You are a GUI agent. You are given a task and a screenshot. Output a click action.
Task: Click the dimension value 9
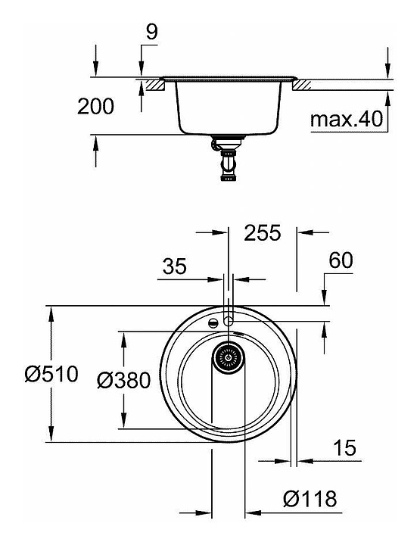click(x=151, y=32)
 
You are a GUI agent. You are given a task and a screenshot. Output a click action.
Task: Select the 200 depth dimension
click(x=95, y=107)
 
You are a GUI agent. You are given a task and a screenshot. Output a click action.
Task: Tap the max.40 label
click(x=347, y=120)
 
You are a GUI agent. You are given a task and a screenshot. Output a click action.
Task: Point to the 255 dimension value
click(x=263, y=233)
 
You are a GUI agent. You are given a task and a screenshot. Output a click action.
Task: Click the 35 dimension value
click(x=174, y=266)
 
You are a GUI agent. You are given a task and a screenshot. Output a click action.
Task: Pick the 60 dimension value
click(x=341, y=260)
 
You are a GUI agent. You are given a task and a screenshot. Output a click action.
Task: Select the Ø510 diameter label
click(x=51, y=375)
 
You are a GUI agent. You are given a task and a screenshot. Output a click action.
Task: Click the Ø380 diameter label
click(x=123, y=380)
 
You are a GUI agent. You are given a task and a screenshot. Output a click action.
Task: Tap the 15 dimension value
click(x=344, y=447)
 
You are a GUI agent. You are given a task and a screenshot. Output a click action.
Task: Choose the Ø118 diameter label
click(x=310, y=499)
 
